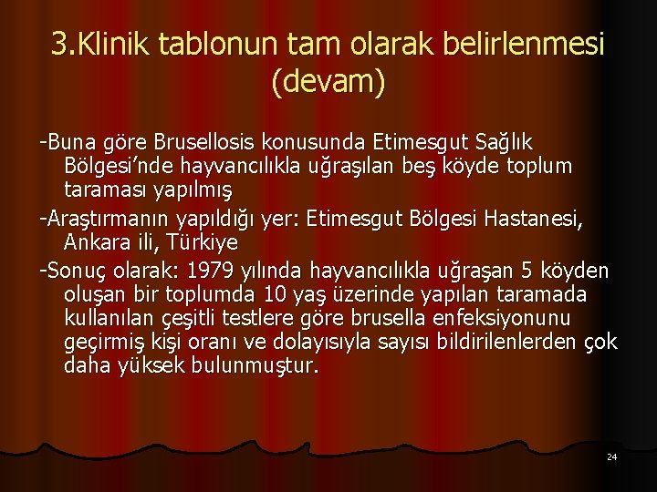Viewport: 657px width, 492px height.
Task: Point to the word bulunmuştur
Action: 259,366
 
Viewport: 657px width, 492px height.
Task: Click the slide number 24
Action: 611,456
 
